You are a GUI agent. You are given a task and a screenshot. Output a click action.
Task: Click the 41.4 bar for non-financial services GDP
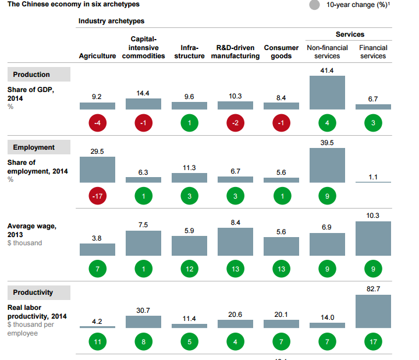(x=327, y=93)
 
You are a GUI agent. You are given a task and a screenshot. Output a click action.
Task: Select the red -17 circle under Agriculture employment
(x=97, y=197)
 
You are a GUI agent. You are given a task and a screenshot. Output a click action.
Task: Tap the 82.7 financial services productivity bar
(x=373, y=312)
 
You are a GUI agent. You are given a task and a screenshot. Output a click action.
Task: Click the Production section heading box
(x=39, y=75)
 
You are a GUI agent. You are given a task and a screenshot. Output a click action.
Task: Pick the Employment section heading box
(x=39, y=147)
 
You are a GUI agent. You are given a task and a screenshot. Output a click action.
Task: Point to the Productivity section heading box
(x=39, y=292)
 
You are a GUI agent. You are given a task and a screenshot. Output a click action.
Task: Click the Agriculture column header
(x=97, y=56)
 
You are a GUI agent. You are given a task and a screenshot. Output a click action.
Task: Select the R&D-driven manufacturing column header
(x=235, y=52)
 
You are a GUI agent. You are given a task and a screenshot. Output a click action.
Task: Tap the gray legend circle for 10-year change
(x=315, y=5)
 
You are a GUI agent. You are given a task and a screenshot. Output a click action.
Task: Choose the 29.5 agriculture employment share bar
(x=97, y=170)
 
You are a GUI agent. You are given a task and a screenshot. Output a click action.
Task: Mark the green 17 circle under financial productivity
(x=373, y=342)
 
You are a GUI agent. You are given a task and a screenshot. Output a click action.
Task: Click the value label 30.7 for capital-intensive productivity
(x=143, y=310)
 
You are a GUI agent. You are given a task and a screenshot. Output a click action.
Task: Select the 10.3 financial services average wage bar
(x=373, y=239)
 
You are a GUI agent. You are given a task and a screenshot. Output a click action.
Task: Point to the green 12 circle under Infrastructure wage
(x=189, y=269)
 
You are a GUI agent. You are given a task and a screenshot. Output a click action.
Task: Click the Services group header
(x=350, y=35)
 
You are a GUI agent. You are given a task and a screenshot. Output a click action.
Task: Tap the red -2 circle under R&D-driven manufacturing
(x=235, y=123)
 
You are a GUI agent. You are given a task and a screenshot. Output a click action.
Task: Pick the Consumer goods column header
(x=281, y=52)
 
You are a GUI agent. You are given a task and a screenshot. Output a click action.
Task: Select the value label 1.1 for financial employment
(x=373, y=177)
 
